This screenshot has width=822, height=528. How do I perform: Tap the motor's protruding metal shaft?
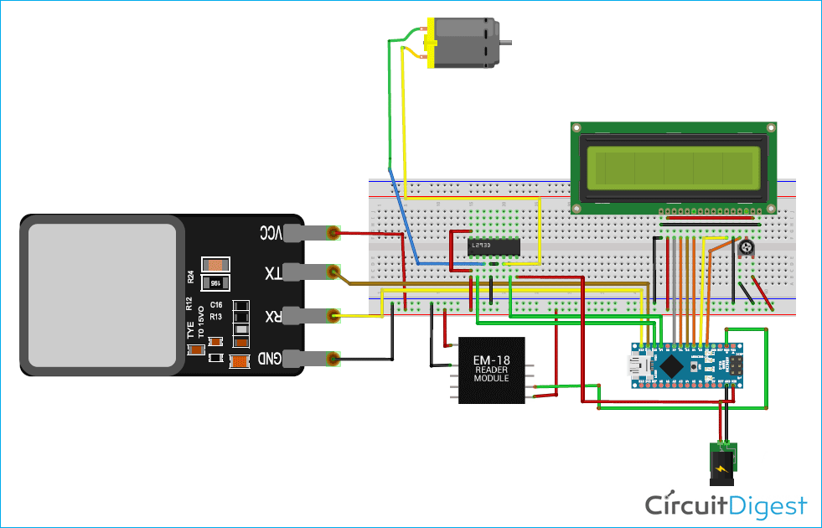[x=505, y=41]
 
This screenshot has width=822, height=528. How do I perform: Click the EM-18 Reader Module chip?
[x=491, y=370]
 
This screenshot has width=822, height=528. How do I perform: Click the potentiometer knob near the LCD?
[x=744, y=248]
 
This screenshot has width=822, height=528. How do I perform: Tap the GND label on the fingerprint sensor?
[x=270, y=359]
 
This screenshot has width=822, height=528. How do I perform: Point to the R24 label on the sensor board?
[x=190, y=277]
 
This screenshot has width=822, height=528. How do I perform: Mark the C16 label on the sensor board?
[x=215, y=304]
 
